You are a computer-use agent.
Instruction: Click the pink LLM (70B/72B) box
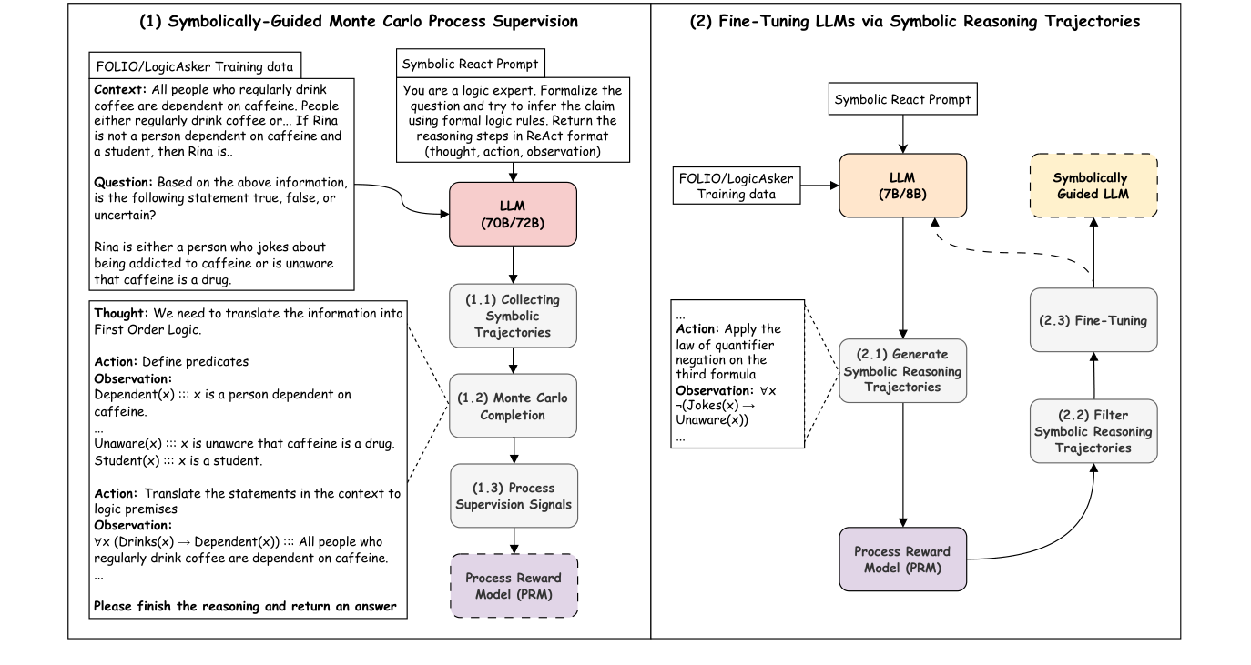pyautogui.click(x=514, y=214)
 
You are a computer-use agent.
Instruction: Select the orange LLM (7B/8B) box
pyautogui.click(x=902, y=186)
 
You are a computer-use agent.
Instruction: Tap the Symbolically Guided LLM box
pyautogui.click(x=1093, y=186)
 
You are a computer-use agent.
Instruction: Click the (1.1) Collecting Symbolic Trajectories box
pyautogui.click(x=514, y=316)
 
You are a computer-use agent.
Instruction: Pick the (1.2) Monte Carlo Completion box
pyautogui.click(x=514, y=405)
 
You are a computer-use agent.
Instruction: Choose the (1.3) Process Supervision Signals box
pyautogui.click(x=514, y=496)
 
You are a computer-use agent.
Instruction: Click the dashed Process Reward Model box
pyautogui.click(x=514, y=586)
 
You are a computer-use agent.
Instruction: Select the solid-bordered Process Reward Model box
pyautogui.click(x=902, y=559)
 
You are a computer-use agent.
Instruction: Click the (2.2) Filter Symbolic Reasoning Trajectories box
pyautogui.click(x=1093, y=430)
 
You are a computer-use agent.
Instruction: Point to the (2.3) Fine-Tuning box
pyautogui.click(x=1093, y=320)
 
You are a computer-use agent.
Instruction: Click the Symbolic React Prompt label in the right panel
pyautogui.click(x=902, y=99)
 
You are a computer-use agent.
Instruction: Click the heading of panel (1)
pyautogui.click(x=359, y=21)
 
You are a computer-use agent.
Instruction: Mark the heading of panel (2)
pyautogui.click(x=915, y=21)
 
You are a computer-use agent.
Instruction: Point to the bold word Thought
pyautogui.click(x=120, y=312)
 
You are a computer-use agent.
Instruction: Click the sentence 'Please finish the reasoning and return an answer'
pyautogui.click(x=246, y=606)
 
